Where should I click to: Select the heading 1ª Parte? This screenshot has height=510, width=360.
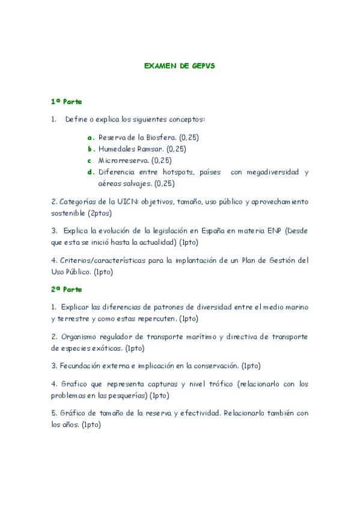click(x=66, y=102)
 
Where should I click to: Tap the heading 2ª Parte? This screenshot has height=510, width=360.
click(x=66, y=289)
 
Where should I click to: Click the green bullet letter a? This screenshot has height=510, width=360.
click(x=91, y=137)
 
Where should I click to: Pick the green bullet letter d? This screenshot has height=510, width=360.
click(x=91, y=172)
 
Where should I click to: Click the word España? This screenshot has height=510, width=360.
click(x=194, y=231)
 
